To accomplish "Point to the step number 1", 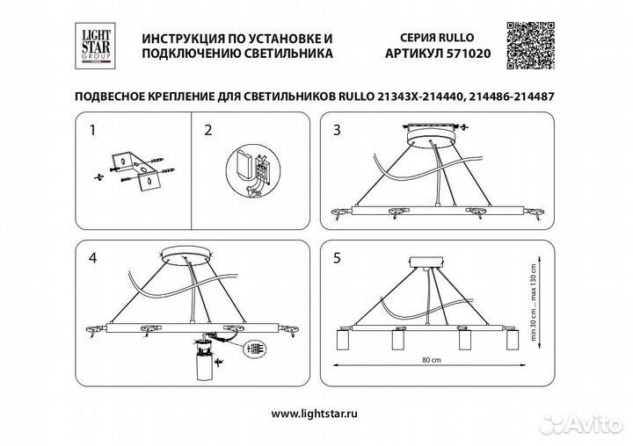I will click(92, 132).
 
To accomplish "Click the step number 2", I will click(207, 132).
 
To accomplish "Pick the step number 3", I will click(336, 132).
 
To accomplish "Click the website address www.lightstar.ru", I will click(316, 413).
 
